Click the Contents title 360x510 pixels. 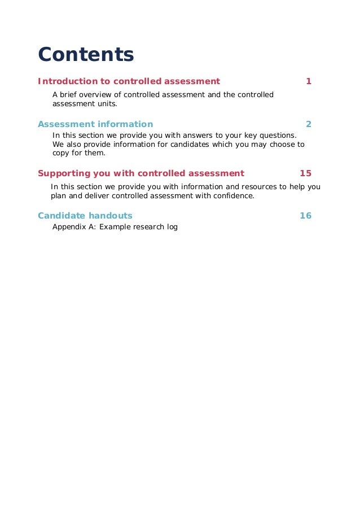click(x=86, y=55)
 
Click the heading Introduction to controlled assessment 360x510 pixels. click(x=129, y=81)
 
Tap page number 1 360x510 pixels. click(x=309, y=81)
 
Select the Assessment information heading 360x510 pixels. click(x=95, y=124)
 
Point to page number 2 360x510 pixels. click(x=309, y=124)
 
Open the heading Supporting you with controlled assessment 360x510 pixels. click(x=141, y=173)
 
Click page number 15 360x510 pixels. click(x=305, y=173)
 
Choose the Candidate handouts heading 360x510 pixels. click(x=85, y=216)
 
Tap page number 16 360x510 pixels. click(x=305, y=216)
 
